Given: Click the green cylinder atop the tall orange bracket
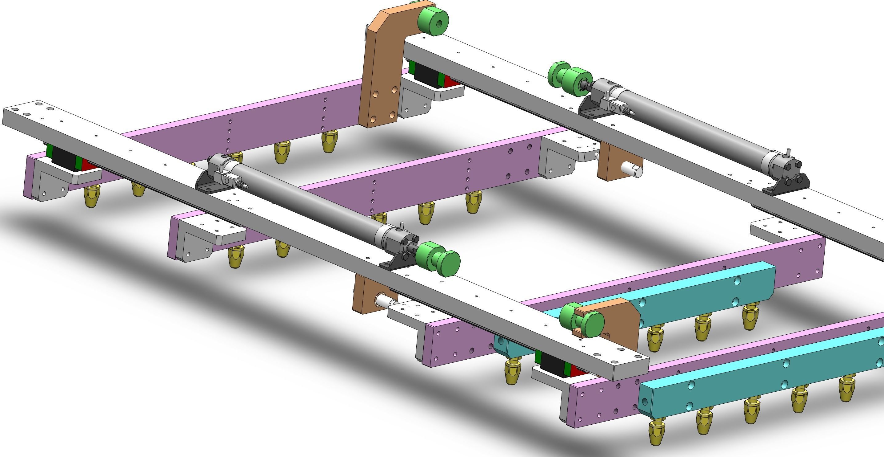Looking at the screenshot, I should (x=433, y=21).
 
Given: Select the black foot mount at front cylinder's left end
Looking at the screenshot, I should (x=206, y=180).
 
